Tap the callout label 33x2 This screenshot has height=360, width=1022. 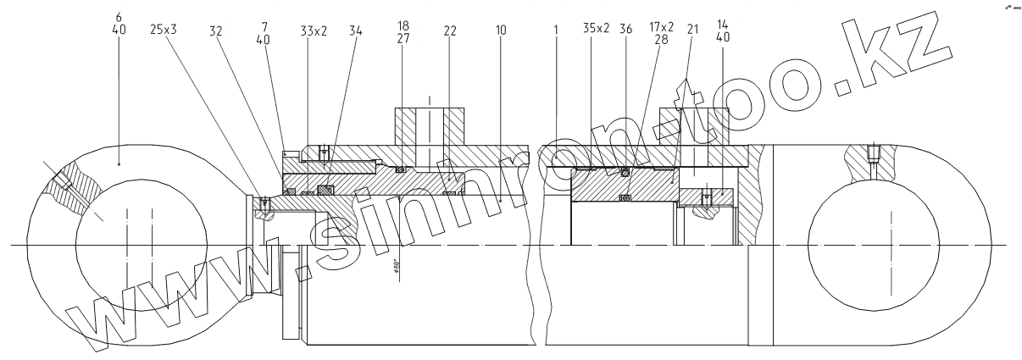pyautogui.click(x=313, y=30)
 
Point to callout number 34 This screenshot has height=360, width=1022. pyautogui.click(x=355, y=30)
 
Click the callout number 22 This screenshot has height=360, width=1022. pyautogui.click(x=449, y=30)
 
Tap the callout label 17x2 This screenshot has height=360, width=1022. pyautogui.click(x=661, y=26)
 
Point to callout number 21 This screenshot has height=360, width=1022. pyautogui.click(x=694, y=30)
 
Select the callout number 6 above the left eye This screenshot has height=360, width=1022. pyautogui.click(x=118, y=16)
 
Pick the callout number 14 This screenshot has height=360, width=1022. pyautogui.click(x=723, y=26)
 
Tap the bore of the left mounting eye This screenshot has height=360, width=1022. pyautogui.click(x=140, y=246)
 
